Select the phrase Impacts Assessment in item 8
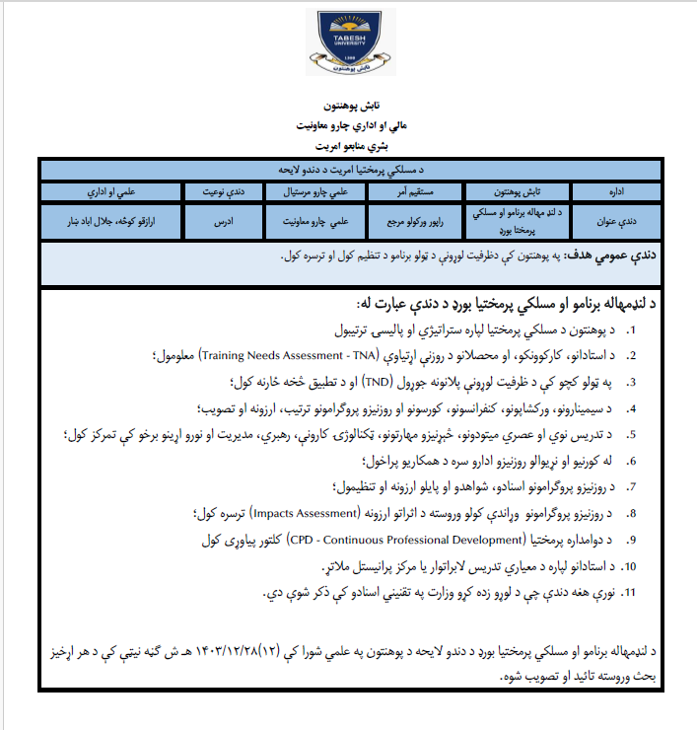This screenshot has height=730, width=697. pos(305,514)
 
